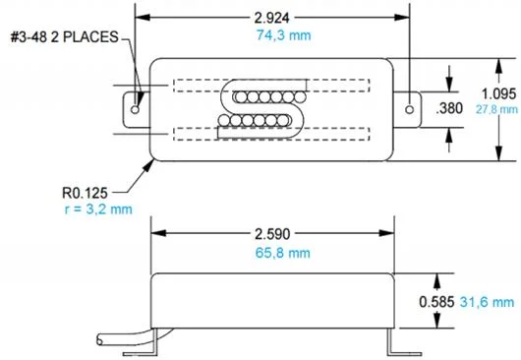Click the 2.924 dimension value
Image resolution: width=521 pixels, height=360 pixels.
click(x=271, y=18)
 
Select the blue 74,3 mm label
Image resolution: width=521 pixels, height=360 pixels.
click(x=283, y=35)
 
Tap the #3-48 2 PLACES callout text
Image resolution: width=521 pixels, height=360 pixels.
click(x=65, y=37)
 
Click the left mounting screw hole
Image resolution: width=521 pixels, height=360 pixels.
click(x=135, y=109)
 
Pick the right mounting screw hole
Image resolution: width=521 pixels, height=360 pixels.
click(x=409, y=109)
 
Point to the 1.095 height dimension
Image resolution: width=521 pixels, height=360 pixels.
click(x=499, y=94)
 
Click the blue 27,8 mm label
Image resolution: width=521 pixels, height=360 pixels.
click(x=496, y=109)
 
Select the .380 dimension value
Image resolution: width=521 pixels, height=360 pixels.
click(x=449, y=108)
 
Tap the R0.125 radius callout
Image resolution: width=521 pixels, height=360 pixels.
click(x=85, y=193)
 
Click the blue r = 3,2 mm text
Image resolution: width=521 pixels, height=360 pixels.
click(x=98, y=210)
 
